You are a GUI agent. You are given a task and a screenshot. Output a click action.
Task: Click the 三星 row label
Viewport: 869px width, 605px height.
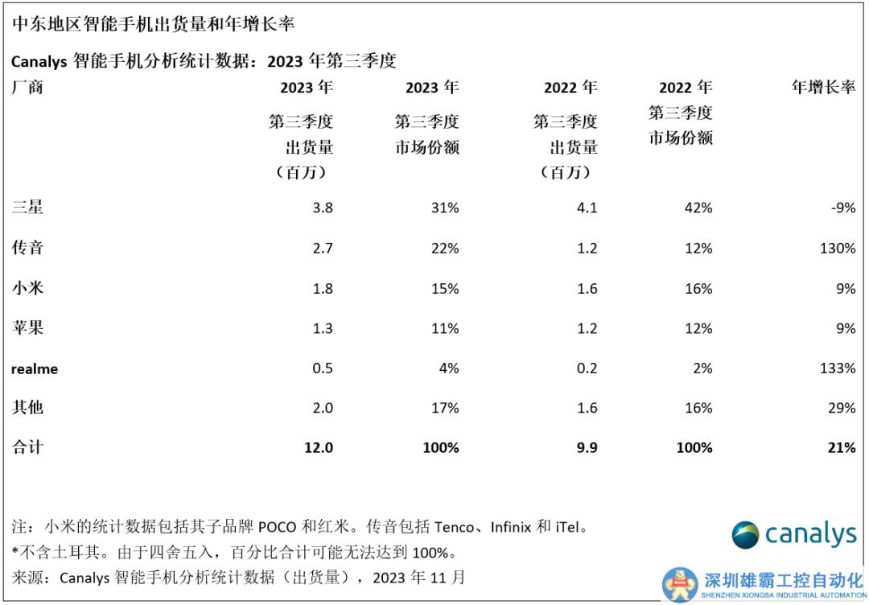pos(27,208)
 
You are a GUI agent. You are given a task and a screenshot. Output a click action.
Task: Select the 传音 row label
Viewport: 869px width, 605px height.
pos(27,248)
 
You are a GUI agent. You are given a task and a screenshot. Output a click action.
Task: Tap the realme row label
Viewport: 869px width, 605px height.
pos(35,368)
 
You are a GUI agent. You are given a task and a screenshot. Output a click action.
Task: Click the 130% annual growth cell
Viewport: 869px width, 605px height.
pos(838,248)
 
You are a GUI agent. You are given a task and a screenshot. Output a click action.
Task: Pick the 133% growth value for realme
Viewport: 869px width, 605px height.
pos(838,368)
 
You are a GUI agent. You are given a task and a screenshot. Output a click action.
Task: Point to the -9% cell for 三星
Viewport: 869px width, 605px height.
pos(843,208)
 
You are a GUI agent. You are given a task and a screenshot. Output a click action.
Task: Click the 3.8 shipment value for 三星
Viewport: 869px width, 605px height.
pos(322,208)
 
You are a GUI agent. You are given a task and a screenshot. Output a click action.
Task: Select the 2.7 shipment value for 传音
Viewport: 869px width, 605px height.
pos(322,248)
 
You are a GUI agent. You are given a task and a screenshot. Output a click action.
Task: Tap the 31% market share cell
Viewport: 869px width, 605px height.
pos(444,208)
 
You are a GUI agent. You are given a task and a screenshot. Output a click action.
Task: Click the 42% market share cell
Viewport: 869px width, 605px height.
pos(697,208)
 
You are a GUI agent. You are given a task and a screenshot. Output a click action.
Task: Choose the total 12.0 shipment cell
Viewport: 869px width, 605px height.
pos(319,447)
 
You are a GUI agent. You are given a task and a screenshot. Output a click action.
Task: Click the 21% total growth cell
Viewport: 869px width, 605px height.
pos(841,447)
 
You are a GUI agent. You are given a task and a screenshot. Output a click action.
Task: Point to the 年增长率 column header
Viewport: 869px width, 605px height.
pos(823,88)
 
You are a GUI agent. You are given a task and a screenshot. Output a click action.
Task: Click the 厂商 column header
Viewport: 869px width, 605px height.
pos(27,88)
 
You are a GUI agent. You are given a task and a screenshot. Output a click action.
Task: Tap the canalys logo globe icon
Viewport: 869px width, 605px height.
pos(745,535)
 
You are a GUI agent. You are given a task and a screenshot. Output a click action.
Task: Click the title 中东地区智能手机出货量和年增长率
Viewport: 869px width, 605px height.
pos(154,24)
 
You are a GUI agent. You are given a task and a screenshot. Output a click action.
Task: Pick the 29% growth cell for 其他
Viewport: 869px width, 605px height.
pos(842,408)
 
